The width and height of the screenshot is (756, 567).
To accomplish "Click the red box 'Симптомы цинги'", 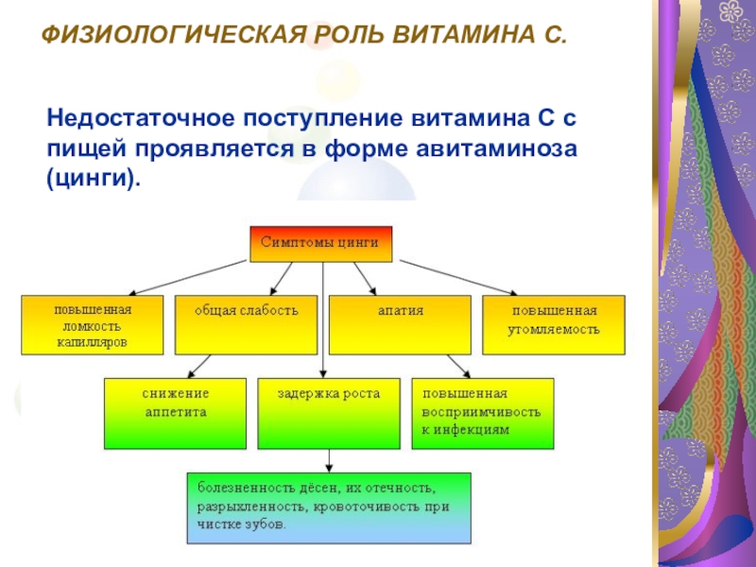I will tap(320, 243).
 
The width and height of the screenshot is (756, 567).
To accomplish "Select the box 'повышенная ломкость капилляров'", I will tap(92, 325).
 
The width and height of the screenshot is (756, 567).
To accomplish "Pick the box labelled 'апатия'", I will tap(399, 325).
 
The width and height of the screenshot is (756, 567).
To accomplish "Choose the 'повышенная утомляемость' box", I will tap(554, 325).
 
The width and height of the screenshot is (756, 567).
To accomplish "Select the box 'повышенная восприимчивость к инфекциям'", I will tap(482, 413).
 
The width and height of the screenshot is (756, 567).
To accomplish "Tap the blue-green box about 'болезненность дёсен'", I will tap(329, 507).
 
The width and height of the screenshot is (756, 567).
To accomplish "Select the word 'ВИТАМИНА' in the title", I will tap(453, 38).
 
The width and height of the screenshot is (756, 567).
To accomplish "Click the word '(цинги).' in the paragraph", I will tap(93, 178).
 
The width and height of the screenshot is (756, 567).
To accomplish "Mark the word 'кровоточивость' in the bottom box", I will tap(349, 506).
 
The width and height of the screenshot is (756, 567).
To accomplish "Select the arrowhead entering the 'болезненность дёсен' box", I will tap(328, 464).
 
